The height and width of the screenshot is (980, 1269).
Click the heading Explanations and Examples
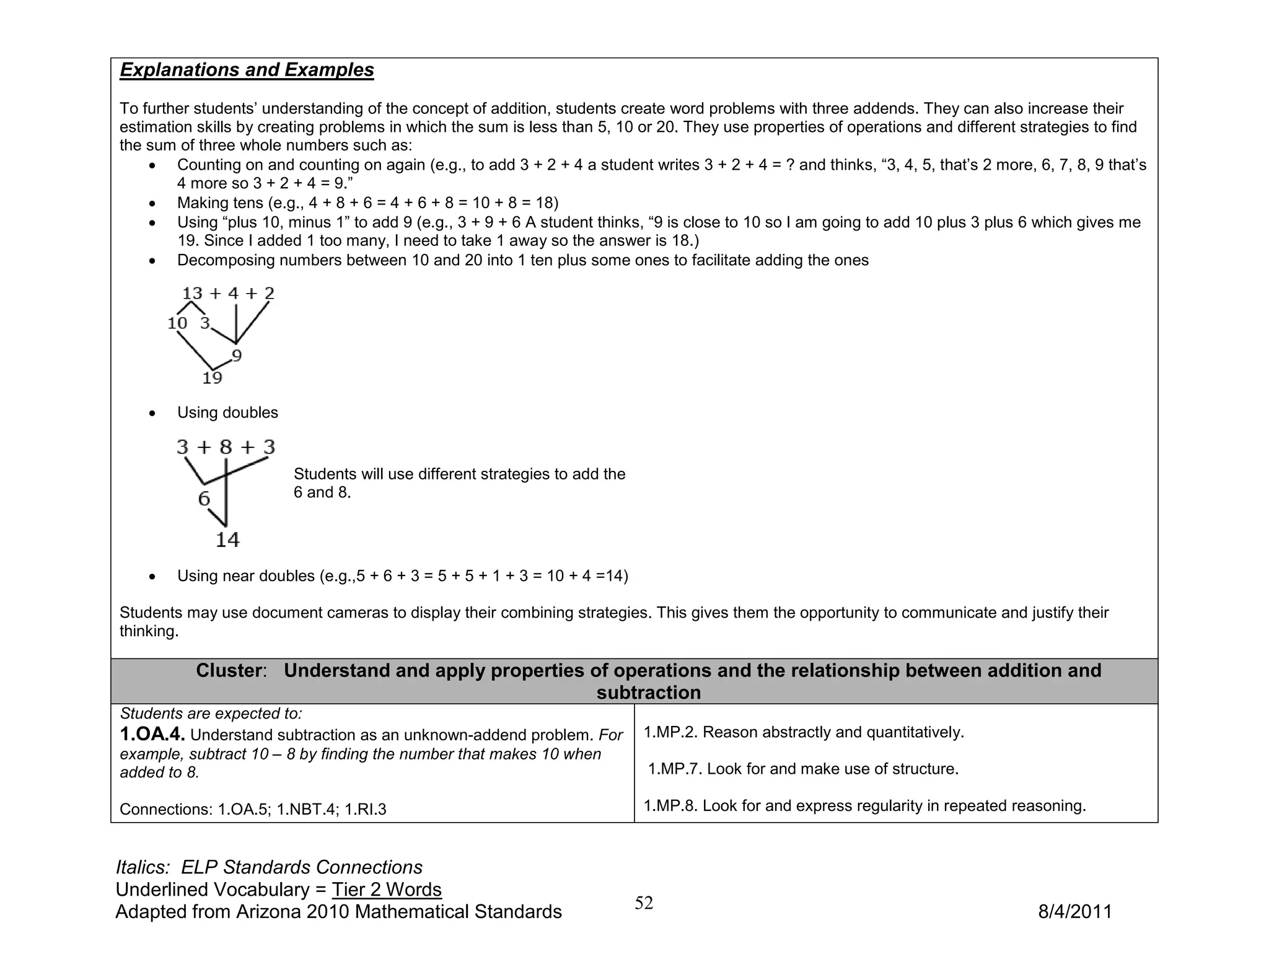coord(247,70)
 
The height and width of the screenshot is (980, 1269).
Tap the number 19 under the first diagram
coord(212,378)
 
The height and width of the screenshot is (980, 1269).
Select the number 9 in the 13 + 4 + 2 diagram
coord(237,356)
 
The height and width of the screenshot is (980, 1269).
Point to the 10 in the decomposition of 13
coord(177,323)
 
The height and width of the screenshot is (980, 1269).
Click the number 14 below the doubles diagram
coord(227,540)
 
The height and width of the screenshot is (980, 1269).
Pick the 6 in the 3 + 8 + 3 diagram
coord(204,499)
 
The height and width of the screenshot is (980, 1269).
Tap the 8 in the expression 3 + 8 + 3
coord(226,447)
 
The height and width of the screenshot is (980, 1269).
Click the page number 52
coord(644,903)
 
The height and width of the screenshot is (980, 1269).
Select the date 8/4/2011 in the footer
coord(1074,912)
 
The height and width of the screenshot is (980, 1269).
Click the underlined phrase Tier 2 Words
coord(387,890)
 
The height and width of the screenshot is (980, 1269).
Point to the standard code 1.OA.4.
coord(152,735)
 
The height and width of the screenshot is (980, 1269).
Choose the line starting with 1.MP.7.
coord(803,769)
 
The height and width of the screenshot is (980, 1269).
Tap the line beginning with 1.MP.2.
coord(804,732)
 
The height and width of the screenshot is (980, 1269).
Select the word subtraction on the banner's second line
coord(648,693)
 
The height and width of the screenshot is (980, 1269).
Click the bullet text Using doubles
coord(227,413)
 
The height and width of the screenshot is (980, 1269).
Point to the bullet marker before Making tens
coord(152,204)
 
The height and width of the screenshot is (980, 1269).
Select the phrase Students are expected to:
coord(211,714)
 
